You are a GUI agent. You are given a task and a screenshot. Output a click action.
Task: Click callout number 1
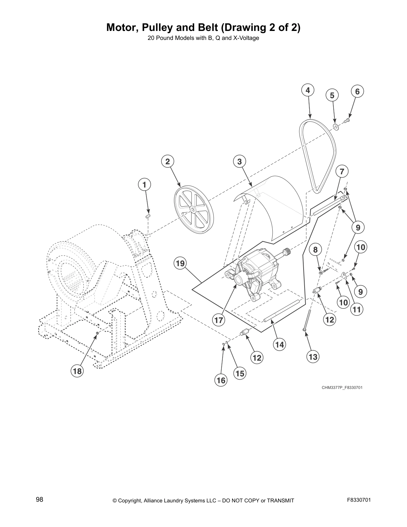click(x=145, y=185)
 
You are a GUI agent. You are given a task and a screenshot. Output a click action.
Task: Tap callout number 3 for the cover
click(x=239, y=162)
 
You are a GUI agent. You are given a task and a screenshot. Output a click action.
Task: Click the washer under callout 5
click(x=336, y=126)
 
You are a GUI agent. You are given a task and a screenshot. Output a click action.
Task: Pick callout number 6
click(x=357, y=91)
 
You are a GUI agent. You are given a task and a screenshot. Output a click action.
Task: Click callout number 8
click(x=316, y=250)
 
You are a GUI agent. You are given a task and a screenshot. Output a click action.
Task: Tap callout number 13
click(x=313, y=357)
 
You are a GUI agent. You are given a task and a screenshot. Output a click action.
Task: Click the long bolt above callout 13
click(x=308, y=319)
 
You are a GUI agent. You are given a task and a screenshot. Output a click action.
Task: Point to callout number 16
click(x=221, y=380)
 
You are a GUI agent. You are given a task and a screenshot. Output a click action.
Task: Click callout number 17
click(x=218, y=320)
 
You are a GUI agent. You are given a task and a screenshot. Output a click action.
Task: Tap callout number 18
click(x=77, y=371)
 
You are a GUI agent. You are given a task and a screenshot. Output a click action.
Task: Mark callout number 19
click(x=180, y=264)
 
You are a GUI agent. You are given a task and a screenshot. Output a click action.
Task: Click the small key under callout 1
click(x=148, y=216)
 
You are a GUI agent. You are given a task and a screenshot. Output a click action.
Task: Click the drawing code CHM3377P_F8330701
click(x=339, y=388)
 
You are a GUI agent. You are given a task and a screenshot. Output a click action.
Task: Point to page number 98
click(x=40, y=500)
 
